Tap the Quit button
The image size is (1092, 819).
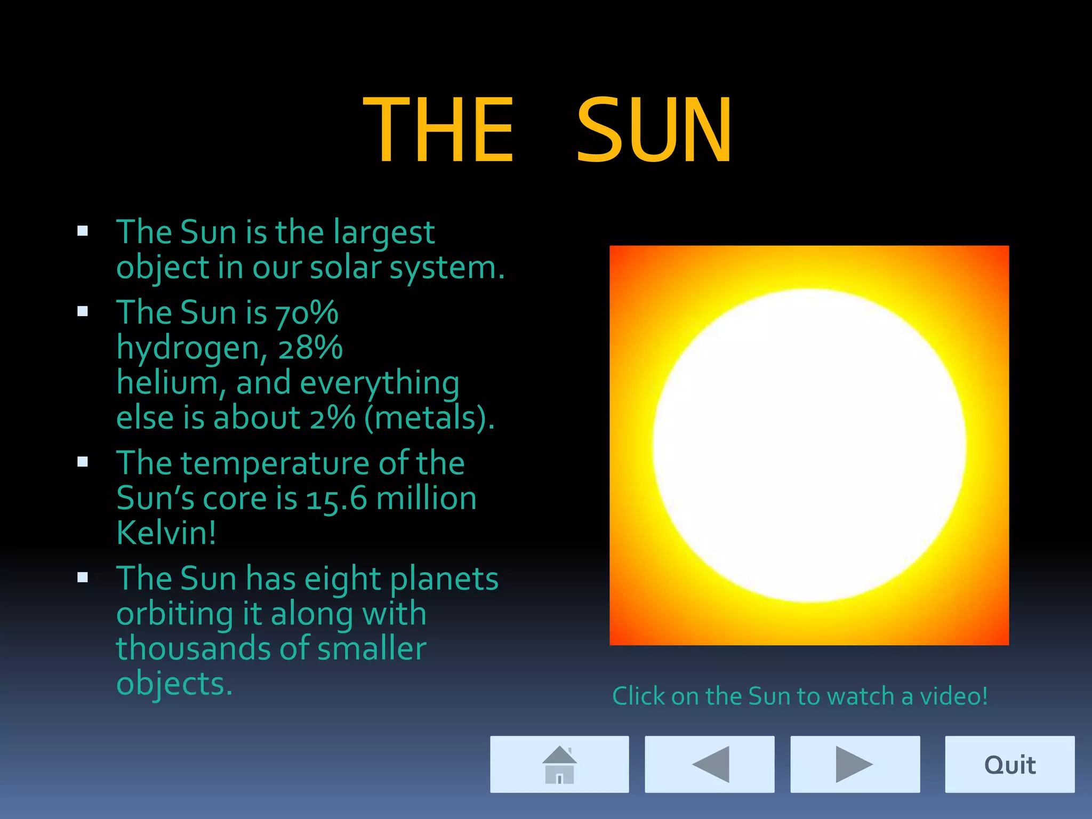tap(1009, 764)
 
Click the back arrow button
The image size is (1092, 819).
tap(709, 764)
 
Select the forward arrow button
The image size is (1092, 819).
tap(855, 764)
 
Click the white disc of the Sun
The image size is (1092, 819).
tap(809, 446)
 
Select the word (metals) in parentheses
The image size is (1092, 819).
tap(429, 417)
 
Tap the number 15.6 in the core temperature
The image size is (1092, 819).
tap(336, 499)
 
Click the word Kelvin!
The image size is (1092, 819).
tap(166, 533)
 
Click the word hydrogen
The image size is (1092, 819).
tap(188, 349)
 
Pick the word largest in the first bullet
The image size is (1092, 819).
tap(384, 233)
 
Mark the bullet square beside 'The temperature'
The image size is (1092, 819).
tap(83, 462)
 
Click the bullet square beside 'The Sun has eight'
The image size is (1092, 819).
tap(83, 577)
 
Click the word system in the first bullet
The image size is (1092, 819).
tap(443, 268)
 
